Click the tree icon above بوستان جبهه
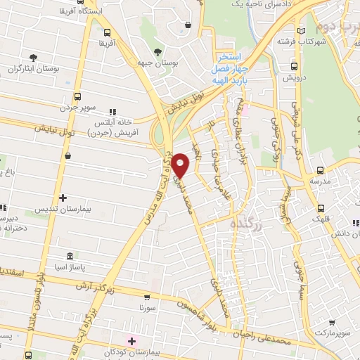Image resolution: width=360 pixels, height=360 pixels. tap(157, 51)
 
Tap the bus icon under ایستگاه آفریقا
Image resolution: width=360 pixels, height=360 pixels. tap(107, 32)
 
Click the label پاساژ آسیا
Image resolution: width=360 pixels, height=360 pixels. tap(68, 268)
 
